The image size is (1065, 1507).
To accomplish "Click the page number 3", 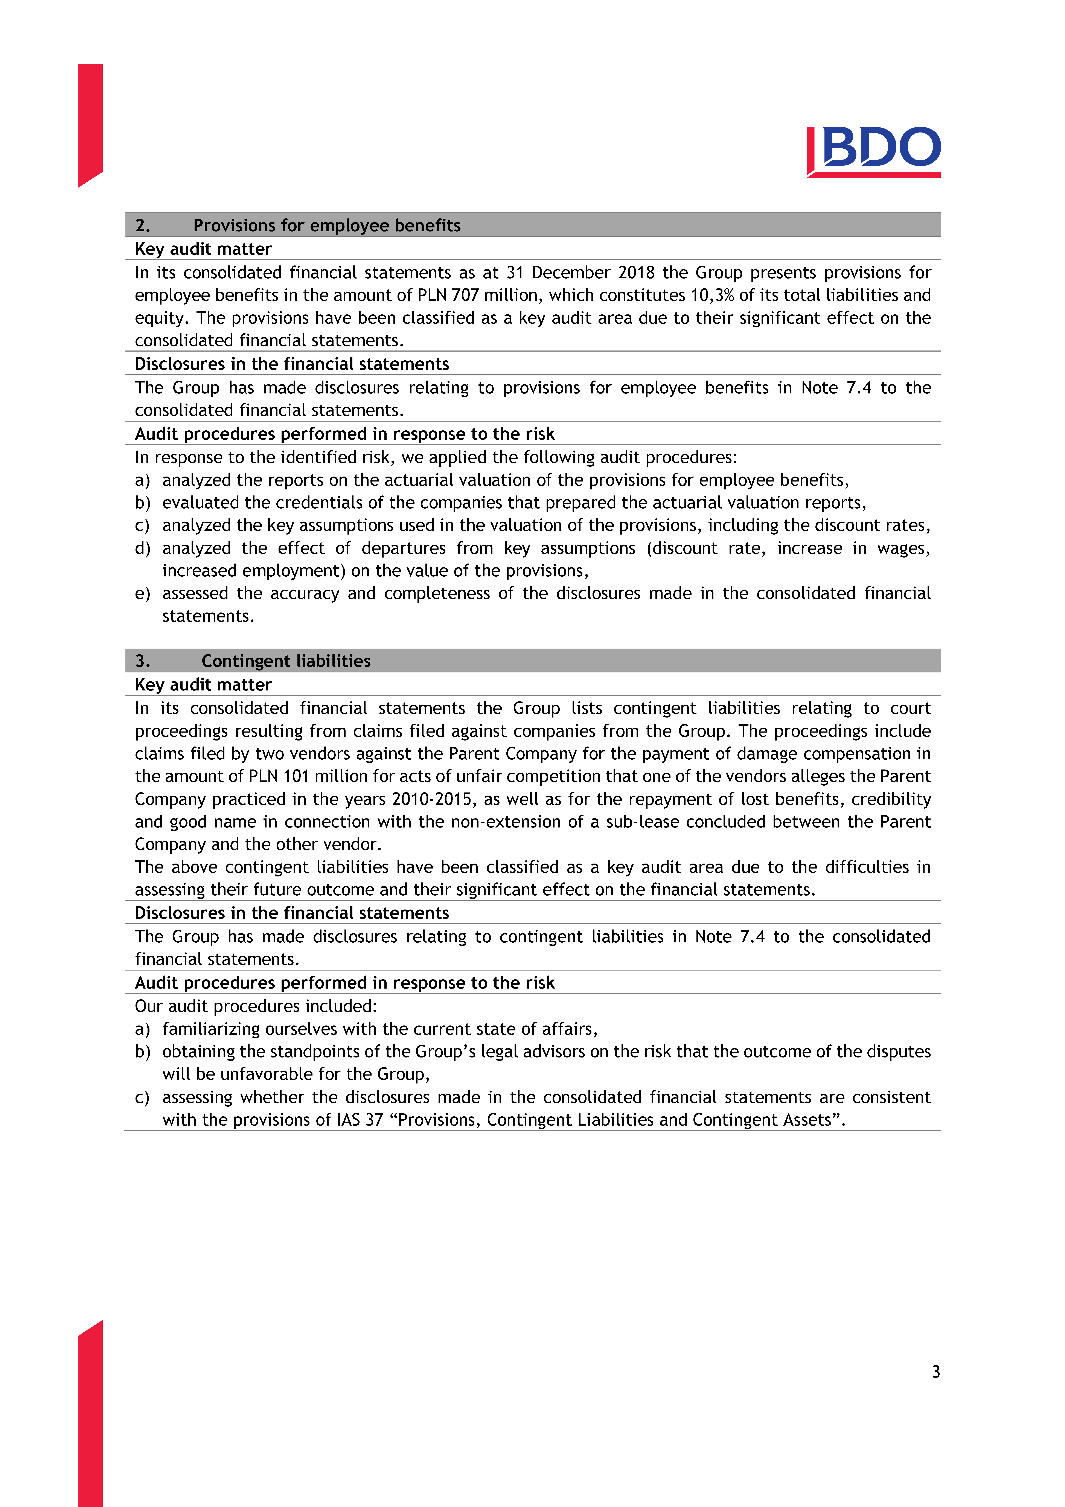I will click(x=936, y=1371).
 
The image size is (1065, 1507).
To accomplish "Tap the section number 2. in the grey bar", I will click(x=142, y=225).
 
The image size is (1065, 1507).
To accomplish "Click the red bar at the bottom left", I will click(x=90, y=1418).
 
